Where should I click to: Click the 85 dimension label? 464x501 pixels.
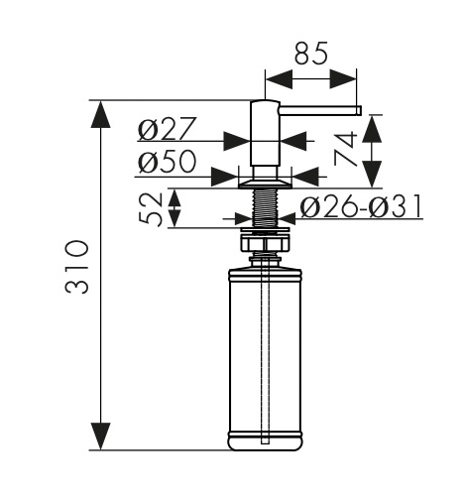click(310, 53)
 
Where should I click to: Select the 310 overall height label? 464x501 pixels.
click(77, 267)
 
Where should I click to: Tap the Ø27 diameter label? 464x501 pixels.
click(168, 128)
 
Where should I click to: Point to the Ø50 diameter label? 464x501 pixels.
click(168, 162)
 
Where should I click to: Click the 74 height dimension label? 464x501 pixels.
click(346, 148)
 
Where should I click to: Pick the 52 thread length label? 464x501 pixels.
click(151, 208)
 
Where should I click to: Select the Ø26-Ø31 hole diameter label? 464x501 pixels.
click(361, 206)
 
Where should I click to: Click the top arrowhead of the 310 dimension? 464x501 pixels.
click(100, 114)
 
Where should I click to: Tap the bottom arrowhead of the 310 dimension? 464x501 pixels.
click(100, 437)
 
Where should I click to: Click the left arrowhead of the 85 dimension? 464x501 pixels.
click(279, 79)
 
